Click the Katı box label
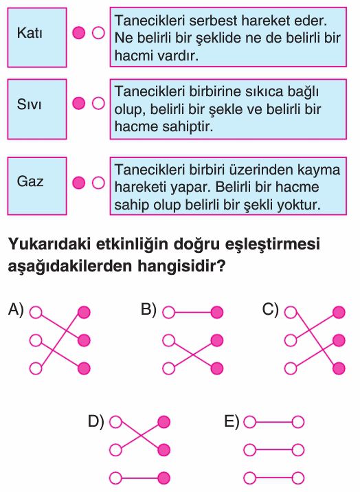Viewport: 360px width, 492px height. tap(30, 32)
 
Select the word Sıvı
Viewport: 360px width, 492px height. tap(29, 104)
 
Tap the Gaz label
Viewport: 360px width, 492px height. tap(30, 181)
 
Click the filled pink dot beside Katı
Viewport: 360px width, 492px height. tap(78, 32)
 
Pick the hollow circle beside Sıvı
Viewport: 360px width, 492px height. tap(98, 103)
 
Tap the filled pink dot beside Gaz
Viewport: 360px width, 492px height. tap(78, 183)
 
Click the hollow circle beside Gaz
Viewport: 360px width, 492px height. tap(98, 183)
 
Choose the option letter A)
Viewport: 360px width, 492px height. tap(16, 309)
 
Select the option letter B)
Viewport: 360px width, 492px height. tap(148, 309)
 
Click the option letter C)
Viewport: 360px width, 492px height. tap(270, 309)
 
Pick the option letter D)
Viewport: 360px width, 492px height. tap(95, 421)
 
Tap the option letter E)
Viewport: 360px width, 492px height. tap(232, 421)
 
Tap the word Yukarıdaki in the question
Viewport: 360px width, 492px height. tap(49, 244)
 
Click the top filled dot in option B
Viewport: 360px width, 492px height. tap(216, 312)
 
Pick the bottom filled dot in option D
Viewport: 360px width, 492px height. tap(164, 478)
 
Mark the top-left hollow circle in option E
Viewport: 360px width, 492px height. tap(250, 423)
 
